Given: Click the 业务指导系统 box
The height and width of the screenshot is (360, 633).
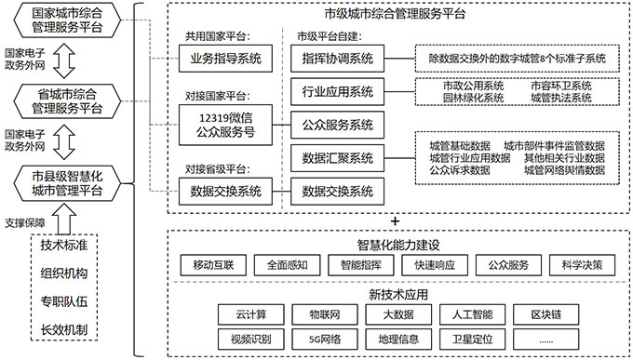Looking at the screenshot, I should point(225,60).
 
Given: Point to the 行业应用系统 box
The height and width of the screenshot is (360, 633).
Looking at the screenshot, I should point(337,91).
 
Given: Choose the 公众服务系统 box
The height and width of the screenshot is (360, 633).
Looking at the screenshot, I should point(337,124).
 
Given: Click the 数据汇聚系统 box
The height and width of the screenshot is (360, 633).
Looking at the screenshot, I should point(337,157).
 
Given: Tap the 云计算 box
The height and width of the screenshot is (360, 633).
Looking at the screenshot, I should point(246,313).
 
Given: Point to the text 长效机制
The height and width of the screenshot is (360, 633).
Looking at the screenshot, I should point(64,330).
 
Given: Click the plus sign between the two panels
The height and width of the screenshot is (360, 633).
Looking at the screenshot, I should point(395,220).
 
